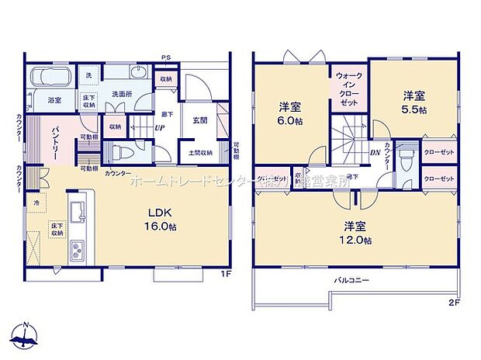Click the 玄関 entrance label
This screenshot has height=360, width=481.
pos(199,121)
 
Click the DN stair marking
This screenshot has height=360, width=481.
pos(374,152)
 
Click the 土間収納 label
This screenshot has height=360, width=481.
pos(200,152)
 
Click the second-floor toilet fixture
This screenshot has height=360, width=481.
pos(405,158)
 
